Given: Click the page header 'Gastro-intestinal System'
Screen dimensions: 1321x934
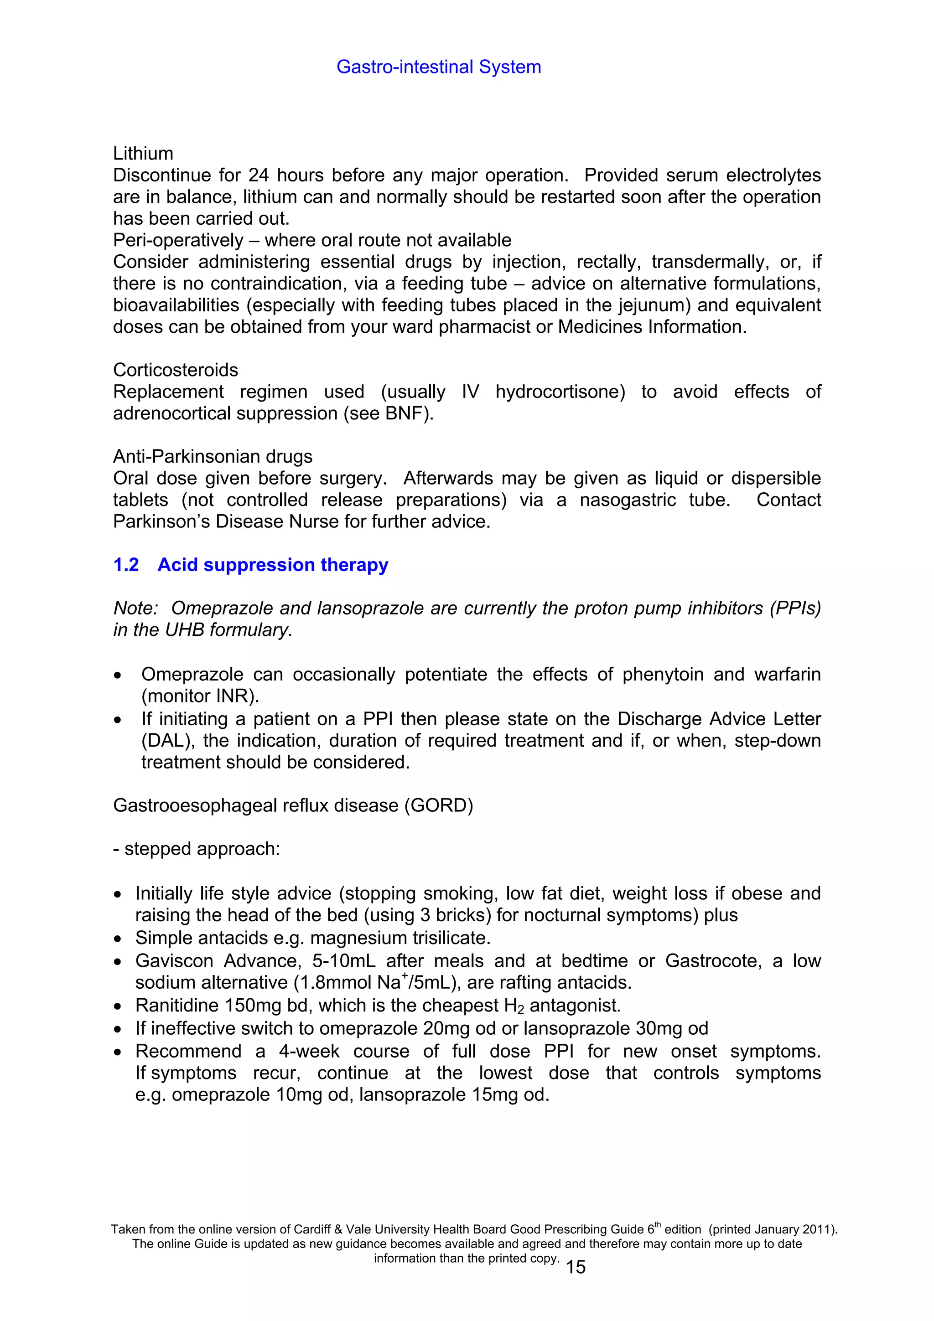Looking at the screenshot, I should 439,67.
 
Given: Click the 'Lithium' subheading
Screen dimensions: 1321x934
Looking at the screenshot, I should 143,154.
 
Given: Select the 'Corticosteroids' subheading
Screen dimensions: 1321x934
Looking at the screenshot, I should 176,370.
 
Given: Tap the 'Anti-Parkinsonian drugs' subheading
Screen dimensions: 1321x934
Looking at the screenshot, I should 213,457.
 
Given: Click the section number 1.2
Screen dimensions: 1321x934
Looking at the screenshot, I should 126,565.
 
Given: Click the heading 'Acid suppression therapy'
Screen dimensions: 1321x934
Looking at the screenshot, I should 273,565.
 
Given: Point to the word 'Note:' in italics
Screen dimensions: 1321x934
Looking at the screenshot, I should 136,608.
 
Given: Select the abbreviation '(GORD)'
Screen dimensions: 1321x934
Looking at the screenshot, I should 439,805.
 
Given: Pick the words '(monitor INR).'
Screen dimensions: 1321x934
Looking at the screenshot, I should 200,696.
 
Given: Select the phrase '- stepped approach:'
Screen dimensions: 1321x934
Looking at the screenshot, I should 197,849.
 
